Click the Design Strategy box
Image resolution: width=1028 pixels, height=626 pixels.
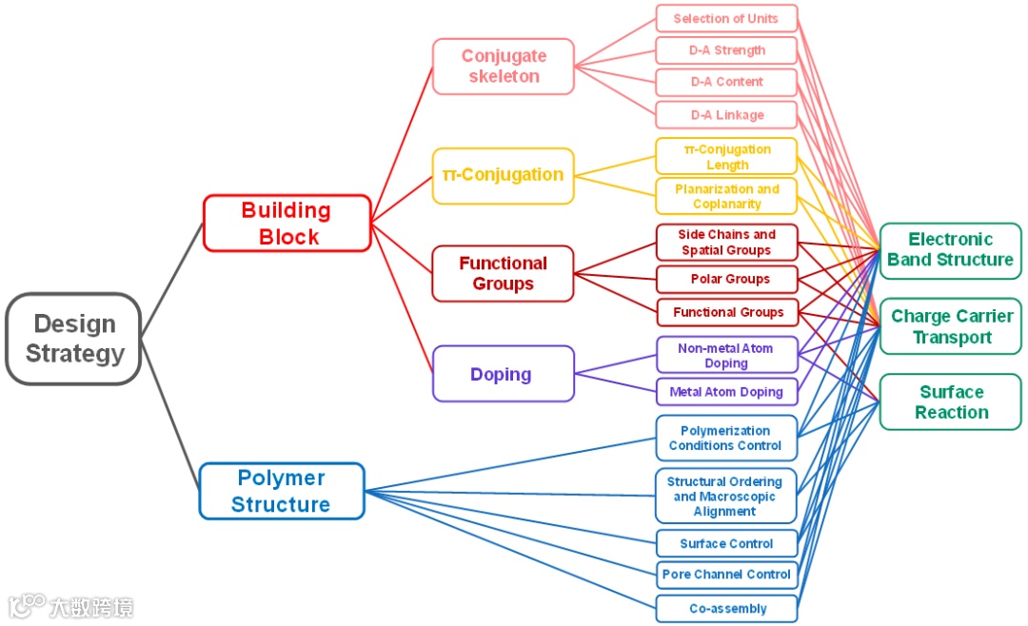[74, 339]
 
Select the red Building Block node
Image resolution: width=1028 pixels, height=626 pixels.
[287, 224]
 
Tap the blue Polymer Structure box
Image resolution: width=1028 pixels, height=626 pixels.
[282, 491]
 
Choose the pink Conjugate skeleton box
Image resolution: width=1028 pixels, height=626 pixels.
[504, 67]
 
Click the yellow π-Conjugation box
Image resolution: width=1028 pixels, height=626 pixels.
[504, 176]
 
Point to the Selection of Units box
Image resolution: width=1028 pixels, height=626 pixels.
[726, 19]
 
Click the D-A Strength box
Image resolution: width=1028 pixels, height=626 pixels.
[726, 50]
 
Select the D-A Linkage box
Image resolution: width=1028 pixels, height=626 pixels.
[726, 115]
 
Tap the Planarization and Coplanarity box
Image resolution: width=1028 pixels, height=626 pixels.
[726, 196]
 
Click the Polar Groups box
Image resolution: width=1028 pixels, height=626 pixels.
[726, 280]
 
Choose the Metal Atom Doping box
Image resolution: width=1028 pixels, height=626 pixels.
[726, 392]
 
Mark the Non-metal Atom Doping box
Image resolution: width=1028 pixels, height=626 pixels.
[726, 356]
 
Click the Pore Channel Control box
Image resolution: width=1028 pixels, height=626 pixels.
[726, 575]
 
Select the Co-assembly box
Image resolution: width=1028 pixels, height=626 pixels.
[726, 609]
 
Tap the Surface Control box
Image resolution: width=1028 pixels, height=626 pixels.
[726, 544]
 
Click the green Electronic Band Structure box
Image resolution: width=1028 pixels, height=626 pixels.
[950, 250]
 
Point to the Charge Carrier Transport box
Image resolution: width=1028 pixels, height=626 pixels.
[950, 326]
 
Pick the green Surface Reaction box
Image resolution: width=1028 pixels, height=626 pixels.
[950, 402]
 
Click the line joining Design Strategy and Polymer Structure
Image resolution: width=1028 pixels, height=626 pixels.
[171, 420]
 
